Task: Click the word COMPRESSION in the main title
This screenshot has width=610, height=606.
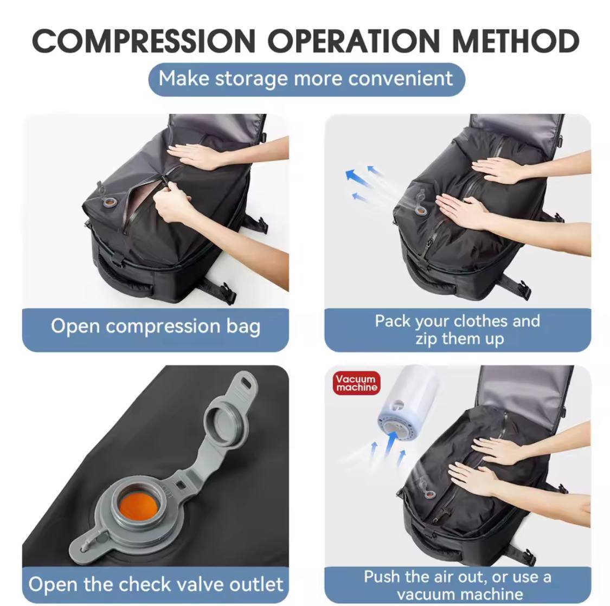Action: point(144,41)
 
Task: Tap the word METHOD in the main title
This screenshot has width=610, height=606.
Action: point(515,41)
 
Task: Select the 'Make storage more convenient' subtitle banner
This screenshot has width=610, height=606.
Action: point(306,79)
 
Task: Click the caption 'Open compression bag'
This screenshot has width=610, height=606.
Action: point(156,327)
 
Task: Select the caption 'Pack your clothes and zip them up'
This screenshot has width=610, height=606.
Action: point(457,330)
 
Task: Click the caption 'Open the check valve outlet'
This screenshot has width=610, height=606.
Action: point(156,584)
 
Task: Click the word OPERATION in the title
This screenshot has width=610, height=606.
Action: point(354,41)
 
